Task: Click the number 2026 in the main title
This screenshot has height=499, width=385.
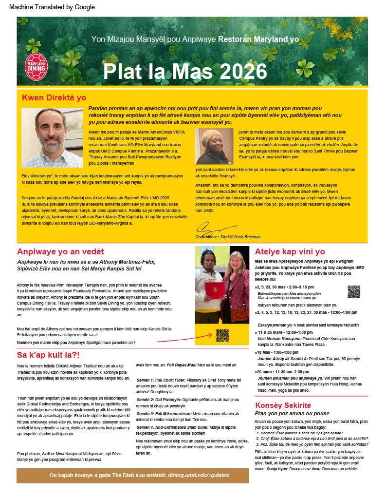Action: [243, 72]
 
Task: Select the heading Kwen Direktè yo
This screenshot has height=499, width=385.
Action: [54, 97]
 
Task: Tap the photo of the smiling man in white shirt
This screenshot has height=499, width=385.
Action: [52, 137]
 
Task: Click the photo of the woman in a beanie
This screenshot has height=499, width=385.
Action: [215, 146]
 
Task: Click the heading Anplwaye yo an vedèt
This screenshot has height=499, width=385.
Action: [60, 251]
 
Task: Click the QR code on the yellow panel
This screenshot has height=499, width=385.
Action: [222, 335]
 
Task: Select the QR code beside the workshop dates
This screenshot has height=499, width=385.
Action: [353, 291]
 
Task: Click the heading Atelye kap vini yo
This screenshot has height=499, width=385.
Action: [290, 251]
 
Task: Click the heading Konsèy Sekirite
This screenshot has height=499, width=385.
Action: [283, 405]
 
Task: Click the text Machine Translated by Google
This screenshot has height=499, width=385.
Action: [52, 7]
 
